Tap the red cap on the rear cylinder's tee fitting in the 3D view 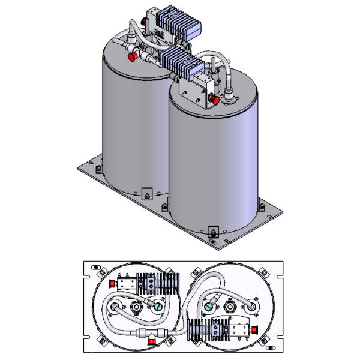(x=131, y=57)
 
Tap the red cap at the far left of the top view (x=111, y=283)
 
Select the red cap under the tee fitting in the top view (x=152, y=341)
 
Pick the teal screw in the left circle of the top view (x=159, y=306)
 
